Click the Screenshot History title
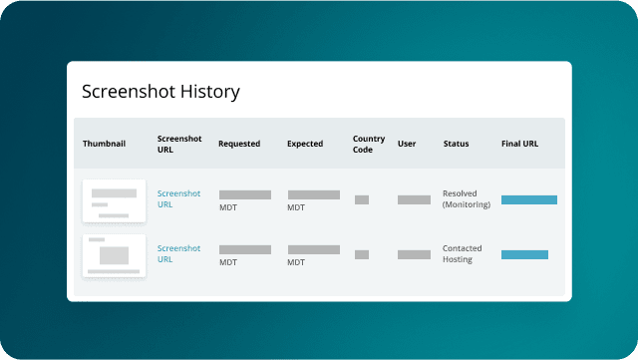click(160, 92)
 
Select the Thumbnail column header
click(104, 144)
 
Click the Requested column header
click(239, 144)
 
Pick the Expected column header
click(305, 144)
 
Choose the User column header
click(407, 144)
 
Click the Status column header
click(457, 144)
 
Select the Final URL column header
click(519, 144)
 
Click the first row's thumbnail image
click(114, 200)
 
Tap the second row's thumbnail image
click(114, 255)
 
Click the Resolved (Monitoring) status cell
click(467, 199)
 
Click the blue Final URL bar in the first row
click(528, 199)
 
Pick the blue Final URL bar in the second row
click(524, 254)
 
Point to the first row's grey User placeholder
click(414, 199)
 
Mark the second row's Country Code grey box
click(362, 254)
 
